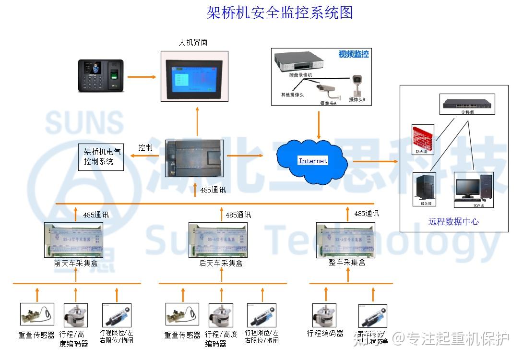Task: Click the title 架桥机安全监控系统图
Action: [x=279, y=12]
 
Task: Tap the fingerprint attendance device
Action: [x=101, y=75]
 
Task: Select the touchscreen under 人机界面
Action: [x=194, y=76]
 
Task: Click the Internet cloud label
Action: [x=312, y=161]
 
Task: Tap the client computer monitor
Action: [x=467, y=188]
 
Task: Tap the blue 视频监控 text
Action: [x=354, y=54]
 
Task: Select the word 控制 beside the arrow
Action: [x=145, y=148]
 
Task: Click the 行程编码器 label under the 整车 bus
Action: [x=325, y=333]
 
